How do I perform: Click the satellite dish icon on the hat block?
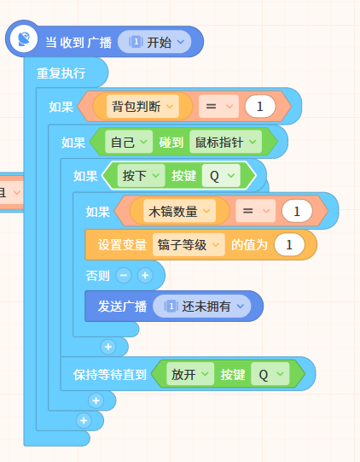tap(24, 39)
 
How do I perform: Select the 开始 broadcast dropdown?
tap(154, 42)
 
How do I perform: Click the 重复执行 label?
tap(61, 73)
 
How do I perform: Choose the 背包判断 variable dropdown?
tap(142, 106)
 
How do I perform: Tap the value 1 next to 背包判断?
tap(260, 107)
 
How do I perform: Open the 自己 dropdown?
tap(129, 142)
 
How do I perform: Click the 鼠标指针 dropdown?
tap(225, 142)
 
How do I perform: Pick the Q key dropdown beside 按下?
tap(221, 176)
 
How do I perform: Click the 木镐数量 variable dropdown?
tap(179, 211)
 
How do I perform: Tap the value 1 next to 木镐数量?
tap(297, 211)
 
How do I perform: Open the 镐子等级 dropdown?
tap(189, 244)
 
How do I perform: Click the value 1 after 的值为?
tap(289, 244)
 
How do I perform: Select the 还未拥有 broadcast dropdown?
tap(202, 306)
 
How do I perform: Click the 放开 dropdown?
tap(190, 374)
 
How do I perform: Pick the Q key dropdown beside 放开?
tap(270, 374)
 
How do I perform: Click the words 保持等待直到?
tap(110, 375)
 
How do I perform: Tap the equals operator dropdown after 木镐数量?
tap(256, 211)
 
